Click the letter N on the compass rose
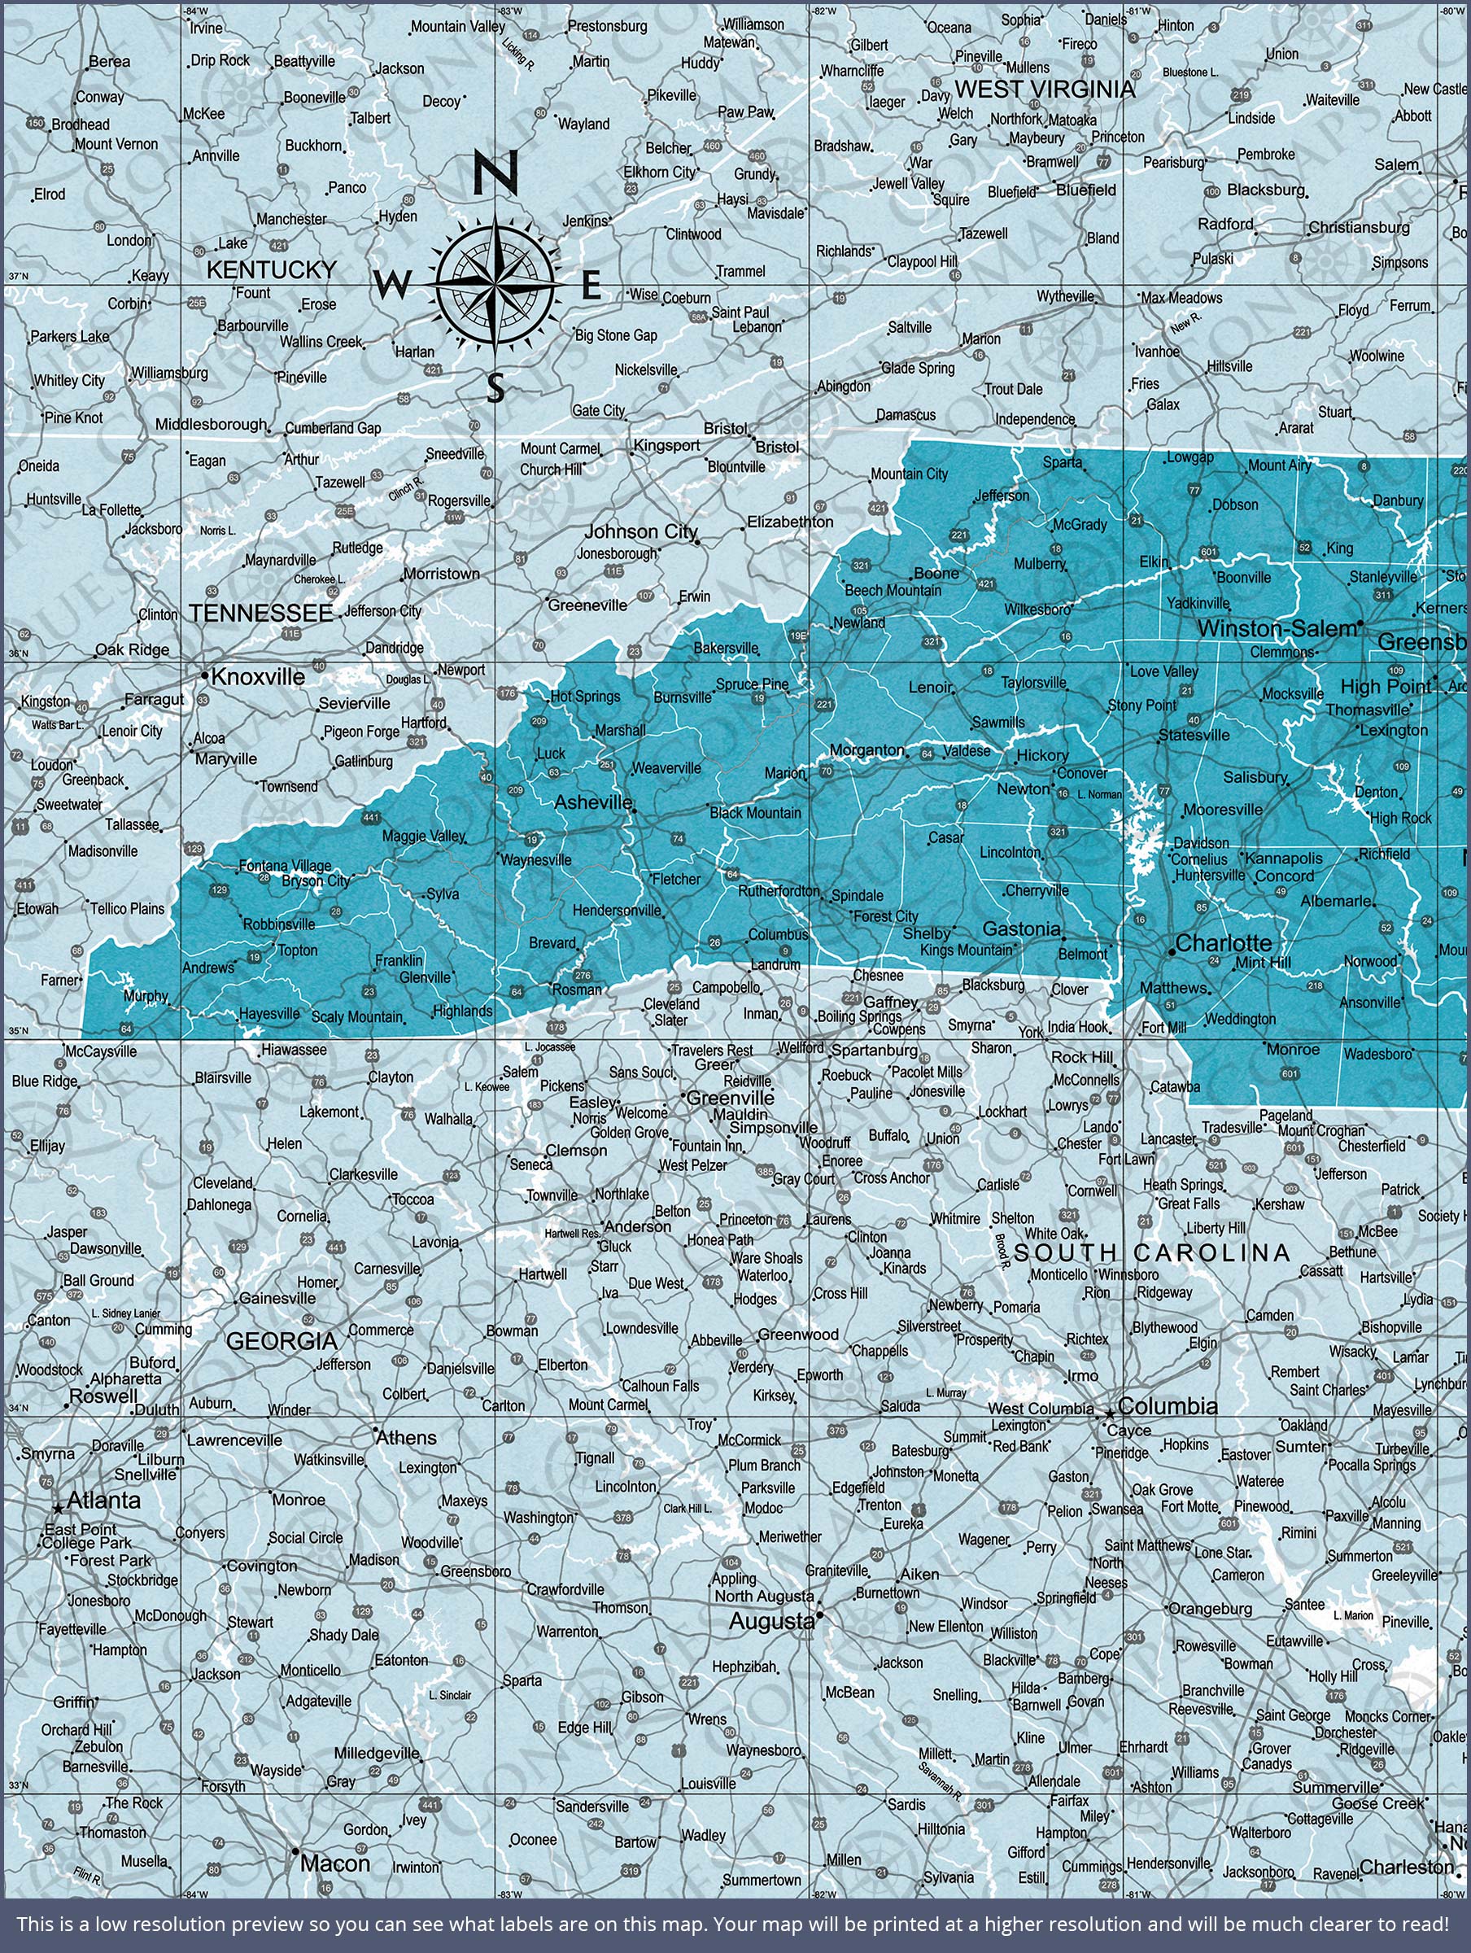tap(495, 173)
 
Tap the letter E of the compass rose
tap(591, 287)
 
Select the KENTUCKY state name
tap(271, 269)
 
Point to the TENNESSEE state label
tap(260, 613)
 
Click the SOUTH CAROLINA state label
tap(1151, 1252)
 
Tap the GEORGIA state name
tap(282, 1341)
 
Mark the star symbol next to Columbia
tap(1109, 1413)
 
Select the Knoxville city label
tap(258, 677)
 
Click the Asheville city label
tap(592, 802)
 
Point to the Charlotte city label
tap(1223, 943)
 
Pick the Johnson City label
tap(641, 531)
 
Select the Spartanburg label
tap(875, 1050)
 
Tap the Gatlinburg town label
tap(364, 761)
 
